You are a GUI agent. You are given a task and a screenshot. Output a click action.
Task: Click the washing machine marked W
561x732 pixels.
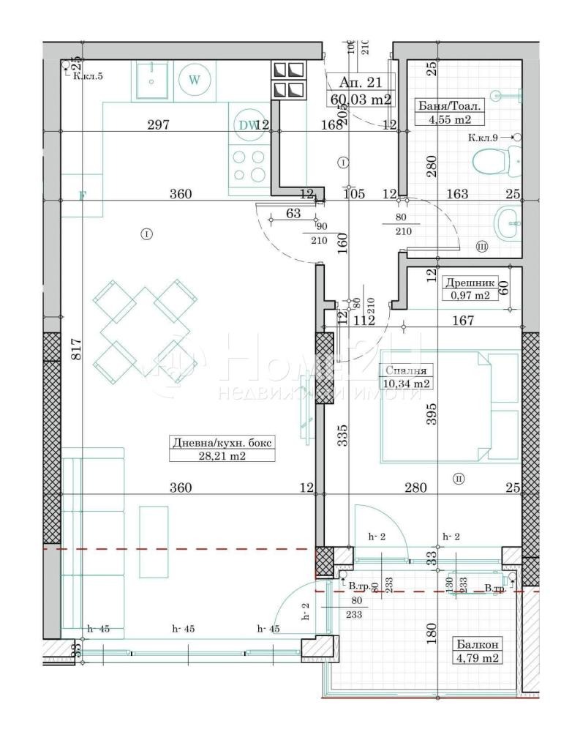click(x=194, y=80)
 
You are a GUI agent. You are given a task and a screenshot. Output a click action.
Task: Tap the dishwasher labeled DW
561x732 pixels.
click(x=247, y=125)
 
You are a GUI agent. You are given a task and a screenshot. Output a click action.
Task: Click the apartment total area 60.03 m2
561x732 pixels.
click(x=361, y=100)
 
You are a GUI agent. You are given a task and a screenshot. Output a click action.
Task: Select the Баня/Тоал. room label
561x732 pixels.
click(x=443, y=105)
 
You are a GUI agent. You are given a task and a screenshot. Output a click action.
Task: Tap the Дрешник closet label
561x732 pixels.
click(x=470, y=282)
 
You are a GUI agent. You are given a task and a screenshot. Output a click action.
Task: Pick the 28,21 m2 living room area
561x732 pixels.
click(x=222, y=455)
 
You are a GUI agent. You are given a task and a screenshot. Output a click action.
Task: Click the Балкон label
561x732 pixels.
click(x=478, y=644)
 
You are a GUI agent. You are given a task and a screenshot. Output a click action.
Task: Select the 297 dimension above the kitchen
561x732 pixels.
click(x=158, y=124)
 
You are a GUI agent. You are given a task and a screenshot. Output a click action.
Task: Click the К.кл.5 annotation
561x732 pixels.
click(x=88, y=75)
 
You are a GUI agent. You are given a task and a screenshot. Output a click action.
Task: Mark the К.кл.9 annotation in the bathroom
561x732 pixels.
click(x=489, y=137)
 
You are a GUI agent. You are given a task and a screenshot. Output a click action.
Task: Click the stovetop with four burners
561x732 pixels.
click(x=248, y=165)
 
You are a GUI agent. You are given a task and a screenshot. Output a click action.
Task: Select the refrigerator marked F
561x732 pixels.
click(x=83, y=195)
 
